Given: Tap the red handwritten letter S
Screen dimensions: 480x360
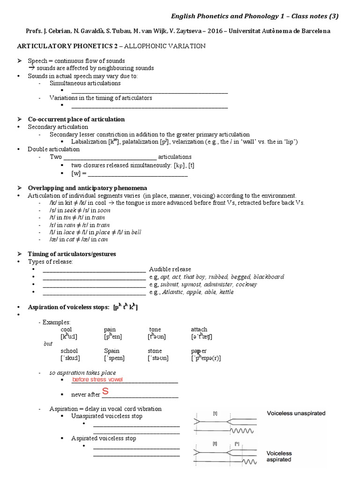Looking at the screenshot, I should [x=105, y=392].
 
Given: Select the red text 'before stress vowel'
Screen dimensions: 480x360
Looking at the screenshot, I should [x=97, y=379].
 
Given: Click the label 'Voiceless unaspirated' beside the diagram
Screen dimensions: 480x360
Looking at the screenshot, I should [x=296, y=413].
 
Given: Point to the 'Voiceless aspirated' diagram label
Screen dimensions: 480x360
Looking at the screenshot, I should [x=279, y=457].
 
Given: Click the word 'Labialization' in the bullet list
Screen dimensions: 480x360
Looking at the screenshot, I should [x=89, y=142].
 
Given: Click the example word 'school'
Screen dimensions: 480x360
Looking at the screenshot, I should [x=69, y=351].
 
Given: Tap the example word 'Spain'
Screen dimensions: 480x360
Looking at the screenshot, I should [x=112, y=351].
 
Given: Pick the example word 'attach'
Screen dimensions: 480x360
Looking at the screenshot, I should [x=199, y=330].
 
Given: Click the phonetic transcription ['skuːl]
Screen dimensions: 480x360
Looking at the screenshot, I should [x=70, y=358].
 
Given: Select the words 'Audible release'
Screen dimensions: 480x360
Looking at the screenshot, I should [x=170, y=269].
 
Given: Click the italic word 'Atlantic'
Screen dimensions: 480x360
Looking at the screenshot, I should [x=174, y=292].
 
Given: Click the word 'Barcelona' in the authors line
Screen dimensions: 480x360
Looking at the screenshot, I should [x=315, y=31].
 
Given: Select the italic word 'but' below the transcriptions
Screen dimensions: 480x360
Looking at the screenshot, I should [x=48, y=344].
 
